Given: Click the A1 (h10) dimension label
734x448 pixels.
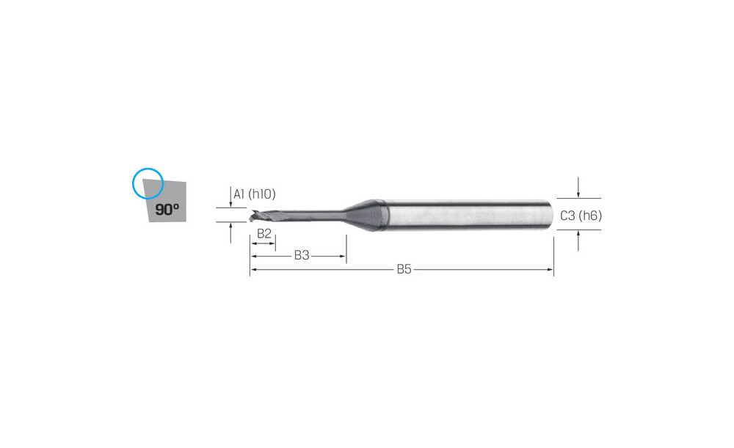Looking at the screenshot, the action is pos(255,194).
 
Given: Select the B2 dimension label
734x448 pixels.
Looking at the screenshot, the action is pos(264,233).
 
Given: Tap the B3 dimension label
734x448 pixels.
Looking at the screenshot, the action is pos(302,255).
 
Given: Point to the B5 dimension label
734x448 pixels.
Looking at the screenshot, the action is pos(404,269).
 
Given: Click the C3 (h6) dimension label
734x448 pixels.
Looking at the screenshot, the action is pos(581,216).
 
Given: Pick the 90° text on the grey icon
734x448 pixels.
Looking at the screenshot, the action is pos(167,209).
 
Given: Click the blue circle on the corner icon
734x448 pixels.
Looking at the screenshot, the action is pos(148,169).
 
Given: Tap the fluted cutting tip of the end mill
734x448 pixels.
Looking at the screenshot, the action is pos(262,216).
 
